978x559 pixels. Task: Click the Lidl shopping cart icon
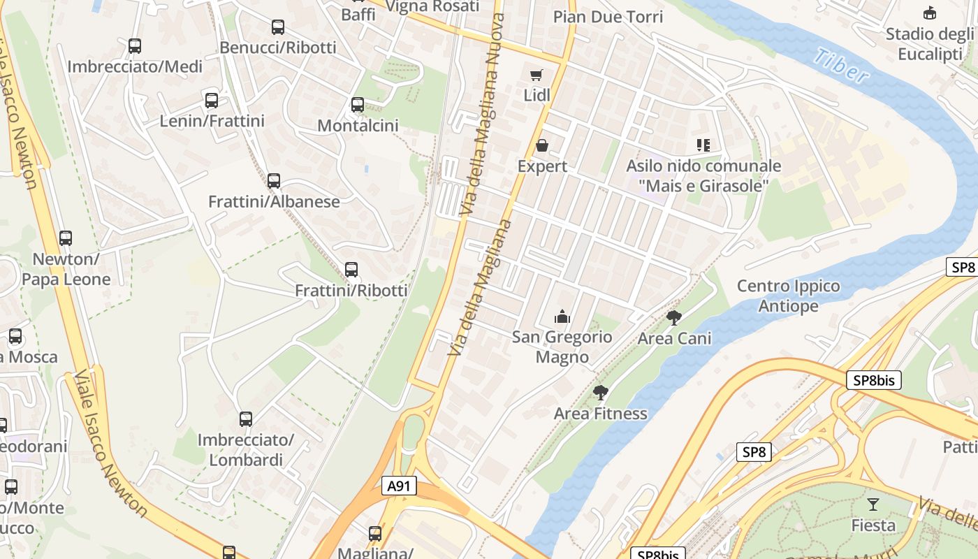pos(536,75)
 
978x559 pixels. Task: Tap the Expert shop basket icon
pos(542,145)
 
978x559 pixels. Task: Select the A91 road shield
pos(400,486)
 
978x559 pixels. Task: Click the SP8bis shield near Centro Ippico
pos(873,380)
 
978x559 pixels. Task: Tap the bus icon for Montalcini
pos(358,105)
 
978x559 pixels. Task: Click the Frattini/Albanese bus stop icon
pos(274,181)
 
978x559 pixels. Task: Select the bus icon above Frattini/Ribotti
pos(351,269)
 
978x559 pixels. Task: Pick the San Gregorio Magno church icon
pos(562,317)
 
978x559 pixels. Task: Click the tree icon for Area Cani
pos(674,318)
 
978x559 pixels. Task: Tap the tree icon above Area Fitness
pos(600,393)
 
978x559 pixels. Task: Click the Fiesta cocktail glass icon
pos(873,504)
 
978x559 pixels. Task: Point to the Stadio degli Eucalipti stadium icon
pos(930,13)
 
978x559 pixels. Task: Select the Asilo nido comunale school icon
pos(703,145)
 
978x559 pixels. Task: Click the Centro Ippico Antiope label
pos(789,296)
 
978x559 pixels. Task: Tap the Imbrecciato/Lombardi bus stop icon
pos(246,419)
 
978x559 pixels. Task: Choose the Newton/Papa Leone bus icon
pos(66,238)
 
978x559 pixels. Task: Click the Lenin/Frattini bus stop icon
pos(212,101)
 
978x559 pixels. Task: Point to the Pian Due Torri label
pos(608,17)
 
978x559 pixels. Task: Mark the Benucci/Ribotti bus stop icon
pos(278,27)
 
